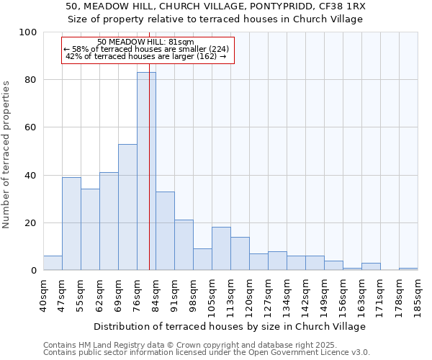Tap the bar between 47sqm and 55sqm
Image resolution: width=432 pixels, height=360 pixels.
pyautogui.click(x=71, y=224)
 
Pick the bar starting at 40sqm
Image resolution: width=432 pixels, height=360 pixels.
pyautogui.click(x=53, y=263)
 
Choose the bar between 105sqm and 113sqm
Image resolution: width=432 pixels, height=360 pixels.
pyautogui.click(x=221, y=249)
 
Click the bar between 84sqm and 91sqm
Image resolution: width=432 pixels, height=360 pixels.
pyautogui.click(x=165, y=231)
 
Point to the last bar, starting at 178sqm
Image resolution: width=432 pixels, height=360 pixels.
pyautogui.click(x=408, y=269)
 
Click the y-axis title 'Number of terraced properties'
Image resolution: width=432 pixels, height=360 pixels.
pyautogui.click(x=6, y=155)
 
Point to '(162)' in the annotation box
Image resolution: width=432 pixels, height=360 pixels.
pyautogui.click(x=205, y=56)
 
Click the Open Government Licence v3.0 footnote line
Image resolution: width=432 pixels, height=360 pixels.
pyautogui.click(x=206, y=353)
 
